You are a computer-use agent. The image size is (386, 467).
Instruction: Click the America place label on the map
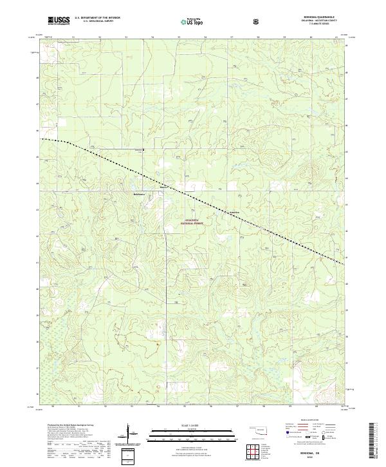click(234, 211)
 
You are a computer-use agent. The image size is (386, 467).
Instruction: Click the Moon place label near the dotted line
click(163, 187)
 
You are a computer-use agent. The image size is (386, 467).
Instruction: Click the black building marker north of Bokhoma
click(143, 151)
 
